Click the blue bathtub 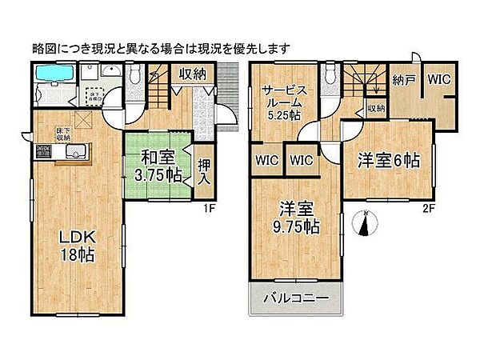click(54, 76)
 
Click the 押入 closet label click(205, 168)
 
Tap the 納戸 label click(405, 80)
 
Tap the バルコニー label click(297, 301)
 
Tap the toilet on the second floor click(329, 77)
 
